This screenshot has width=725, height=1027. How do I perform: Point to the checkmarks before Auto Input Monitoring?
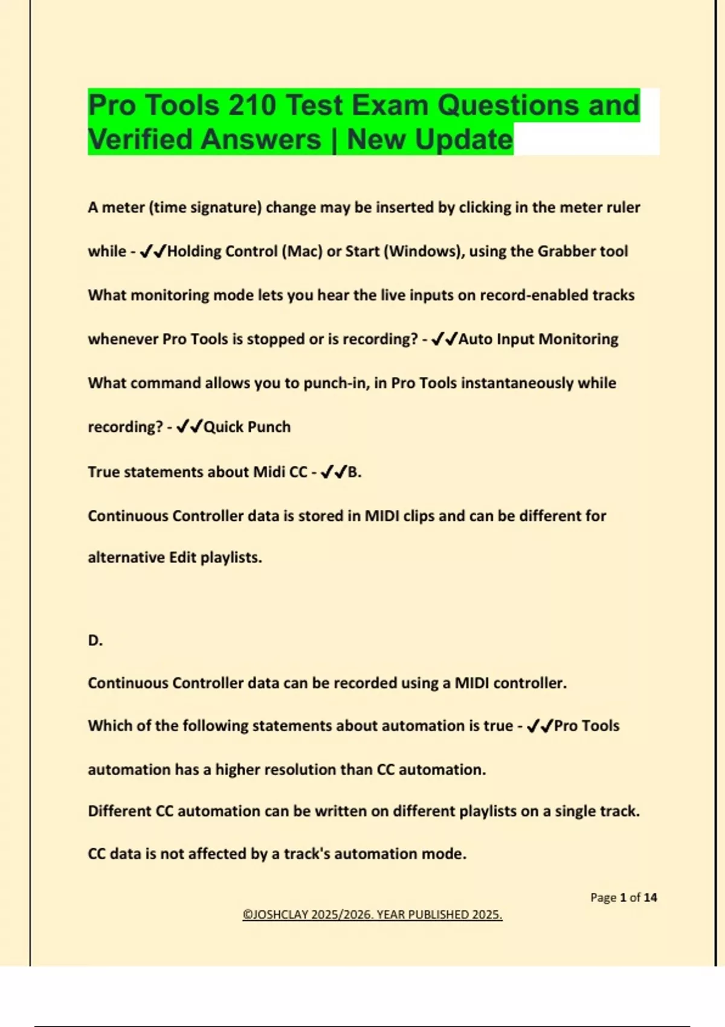point(444,340)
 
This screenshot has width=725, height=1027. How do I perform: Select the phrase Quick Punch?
point(247,427)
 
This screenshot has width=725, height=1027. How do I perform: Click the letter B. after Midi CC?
point(355,472)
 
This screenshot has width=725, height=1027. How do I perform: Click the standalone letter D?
point(95,640)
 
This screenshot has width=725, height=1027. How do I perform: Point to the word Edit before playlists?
point(182,558)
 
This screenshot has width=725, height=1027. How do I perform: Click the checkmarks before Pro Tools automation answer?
point(540,726)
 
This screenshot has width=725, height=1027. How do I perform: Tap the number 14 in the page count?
point(650,898)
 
